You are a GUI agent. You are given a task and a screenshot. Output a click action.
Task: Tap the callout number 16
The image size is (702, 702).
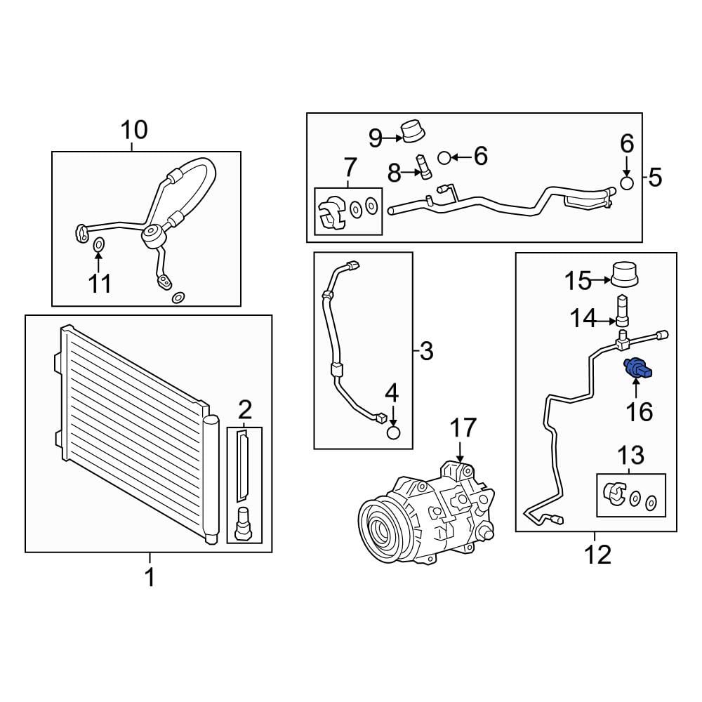click(639, 411)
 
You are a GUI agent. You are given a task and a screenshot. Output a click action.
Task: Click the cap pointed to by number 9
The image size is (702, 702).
click(412, 131)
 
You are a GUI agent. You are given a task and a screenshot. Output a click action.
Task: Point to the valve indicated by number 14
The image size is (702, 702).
click(623, 310)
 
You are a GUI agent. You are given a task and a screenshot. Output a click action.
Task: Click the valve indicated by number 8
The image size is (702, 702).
click(423, 166)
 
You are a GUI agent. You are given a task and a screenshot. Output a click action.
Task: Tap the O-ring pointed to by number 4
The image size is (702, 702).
click(393, 432)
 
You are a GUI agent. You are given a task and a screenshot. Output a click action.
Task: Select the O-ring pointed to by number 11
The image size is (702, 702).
click(98, 244)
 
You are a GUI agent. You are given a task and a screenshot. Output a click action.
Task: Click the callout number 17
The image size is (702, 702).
click(463, 428)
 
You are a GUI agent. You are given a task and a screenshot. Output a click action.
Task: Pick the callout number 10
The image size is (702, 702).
click(133, 130)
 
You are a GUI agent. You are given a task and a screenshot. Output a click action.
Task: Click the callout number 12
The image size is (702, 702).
click(597, 555)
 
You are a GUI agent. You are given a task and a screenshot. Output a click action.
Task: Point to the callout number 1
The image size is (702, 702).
click(150, 577)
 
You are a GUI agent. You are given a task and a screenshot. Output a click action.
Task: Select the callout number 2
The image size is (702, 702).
click(244, 409)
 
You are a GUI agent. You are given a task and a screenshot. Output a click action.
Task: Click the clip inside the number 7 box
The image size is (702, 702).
click(331, 212)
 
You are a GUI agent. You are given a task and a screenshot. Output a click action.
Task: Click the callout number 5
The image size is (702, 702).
click(655, 178)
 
